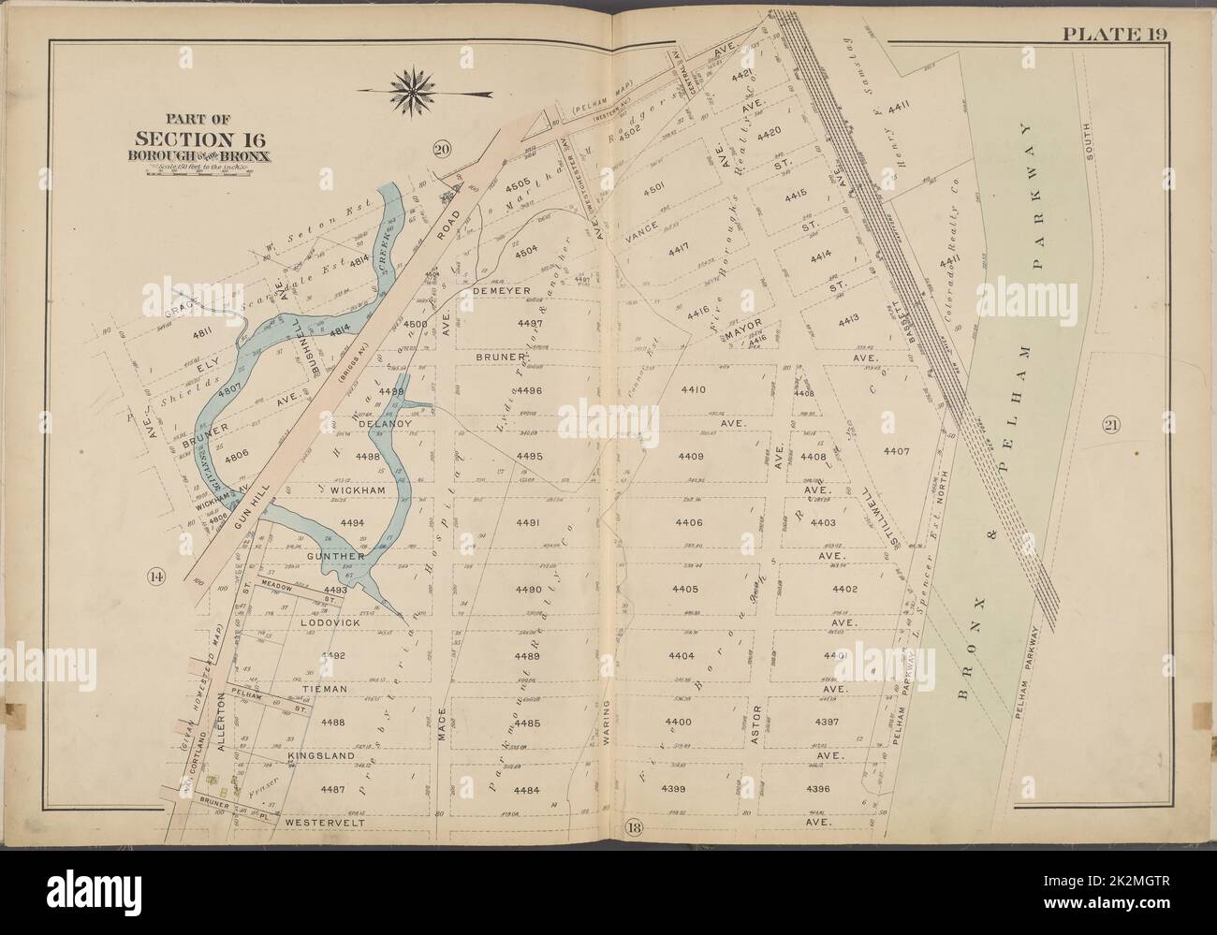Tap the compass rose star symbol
click(408, 91)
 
